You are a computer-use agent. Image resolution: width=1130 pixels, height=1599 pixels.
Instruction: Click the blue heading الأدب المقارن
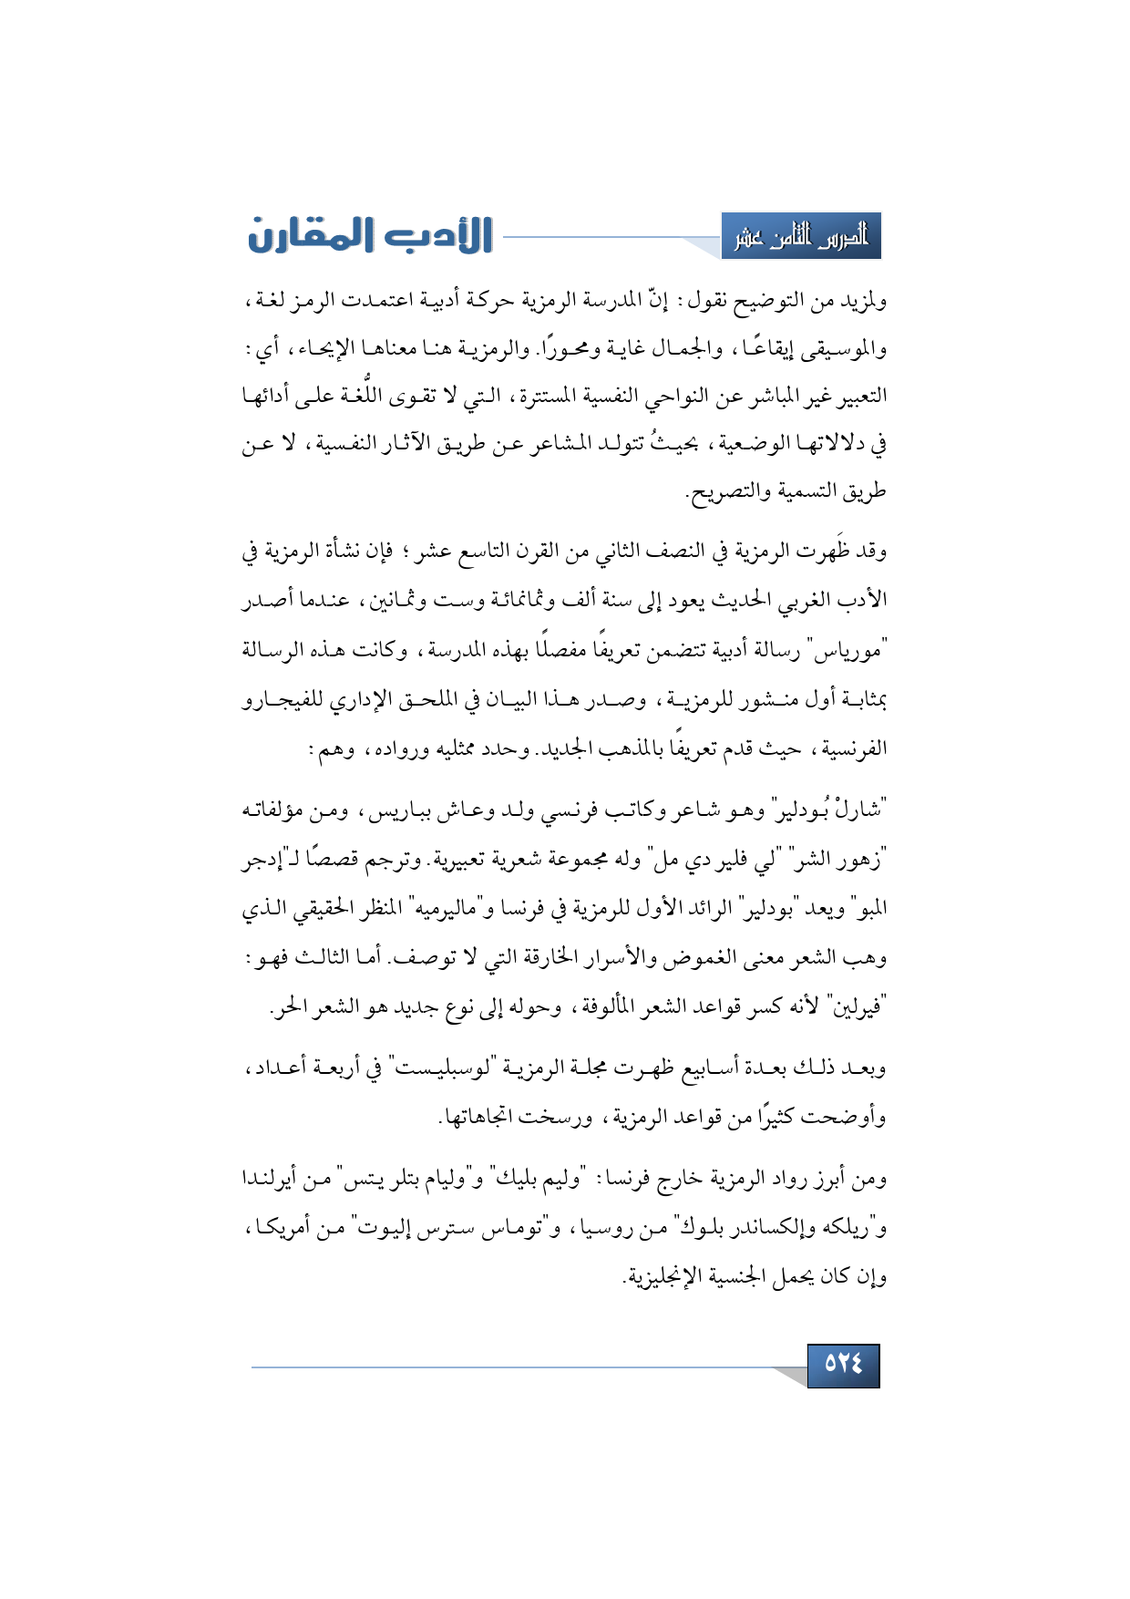point(370,236)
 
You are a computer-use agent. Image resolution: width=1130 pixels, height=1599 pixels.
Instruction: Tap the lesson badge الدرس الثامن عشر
point(801,237)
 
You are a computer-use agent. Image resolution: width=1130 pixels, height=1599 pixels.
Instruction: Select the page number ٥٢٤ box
point(843,1364)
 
